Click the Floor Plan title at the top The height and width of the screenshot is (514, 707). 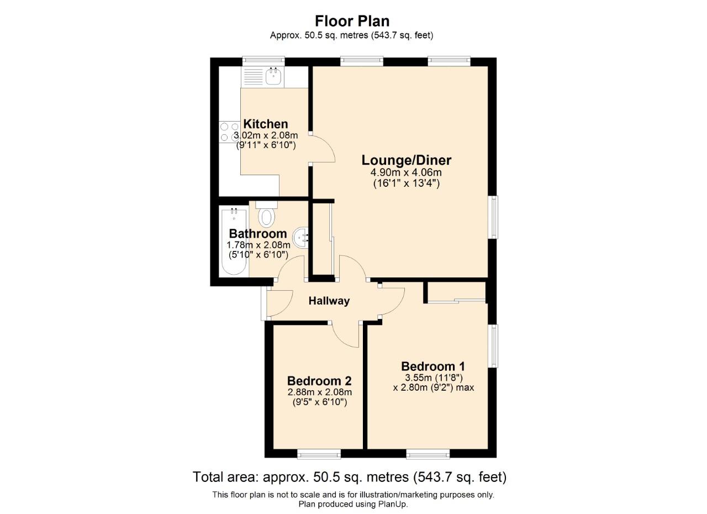[352, 21]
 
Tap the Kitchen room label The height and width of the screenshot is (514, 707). [266, 124]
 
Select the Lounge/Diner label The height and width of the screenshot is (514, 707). [406, 160]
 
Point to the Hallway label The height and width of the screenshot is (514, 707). [329, 301]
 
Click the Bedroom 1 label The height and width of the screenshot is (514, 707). [432, 366]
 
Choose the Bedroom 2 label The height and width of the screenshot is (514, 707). [319, 381]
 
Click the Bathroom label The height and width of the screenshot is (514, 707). [258, 233]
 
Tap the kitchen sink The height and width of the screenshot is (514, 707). [273, 76]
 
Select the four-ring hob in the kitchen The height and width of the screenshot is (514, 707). [229, 132]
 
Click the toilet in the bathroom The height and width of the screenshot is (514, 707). [267, 216]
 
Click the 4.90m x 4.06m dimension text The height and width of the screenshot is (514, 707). [406, 172]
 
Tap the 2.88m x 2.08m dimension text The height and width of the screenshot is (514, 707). [319, 392]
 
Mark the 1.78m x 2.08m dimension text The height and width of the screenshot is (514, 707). [258, 245]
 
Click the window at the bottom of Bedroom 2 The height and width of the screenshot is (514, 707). [319, 454]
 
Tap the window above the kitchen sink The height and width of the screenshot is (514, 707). [263, 61]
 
